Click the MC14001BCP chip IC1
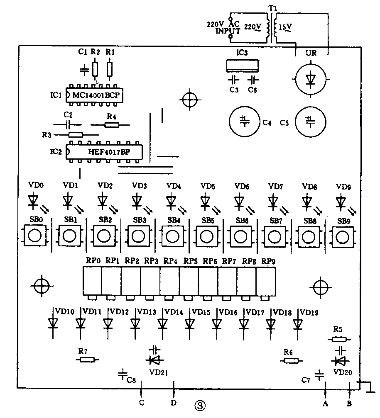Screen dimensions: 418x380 coord(96,95)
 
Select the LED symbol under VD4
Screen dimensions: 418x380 coord(171,201)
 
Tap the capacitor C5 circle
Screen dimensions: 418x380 coord(310,122)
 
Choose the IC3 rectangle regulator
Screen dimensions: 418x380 coord(243,66)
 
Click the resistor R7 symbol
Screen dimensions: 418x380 coord(88,360)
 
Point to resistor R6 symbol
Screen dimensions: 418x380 coord(290,360)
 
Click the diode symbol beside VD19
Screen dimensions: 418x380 coord(297,323)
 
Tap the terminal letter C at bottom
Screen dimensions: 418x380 coord(142,402)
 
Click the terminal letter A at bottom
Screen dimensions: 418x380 coord(325,403)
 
